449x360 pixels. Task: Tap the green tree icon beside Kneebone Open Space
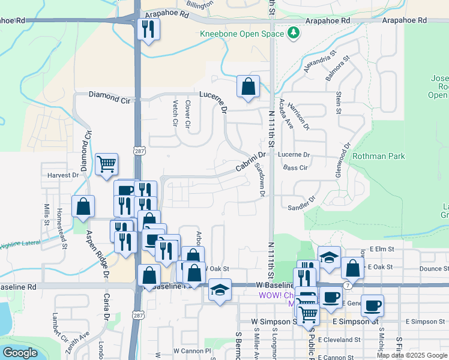(x=294, y=32)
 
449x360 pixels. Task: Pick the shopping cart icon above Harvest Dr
(x=106, y=164)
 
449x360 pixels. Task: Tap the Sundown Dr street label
(x=260, y=179)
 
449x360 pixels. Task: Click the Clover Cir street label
(x=188, y=115)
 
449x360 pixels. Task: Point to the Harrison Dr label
(x=298, y=115)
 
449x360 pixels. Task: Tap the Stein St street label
(x=339, y=103)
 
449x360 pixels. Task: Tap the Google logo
(x=19, y=353)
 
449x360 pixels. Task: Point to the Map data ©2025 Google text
(x=412, y=355)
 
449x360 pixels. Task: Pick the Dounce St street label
(x=430, y=268)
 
